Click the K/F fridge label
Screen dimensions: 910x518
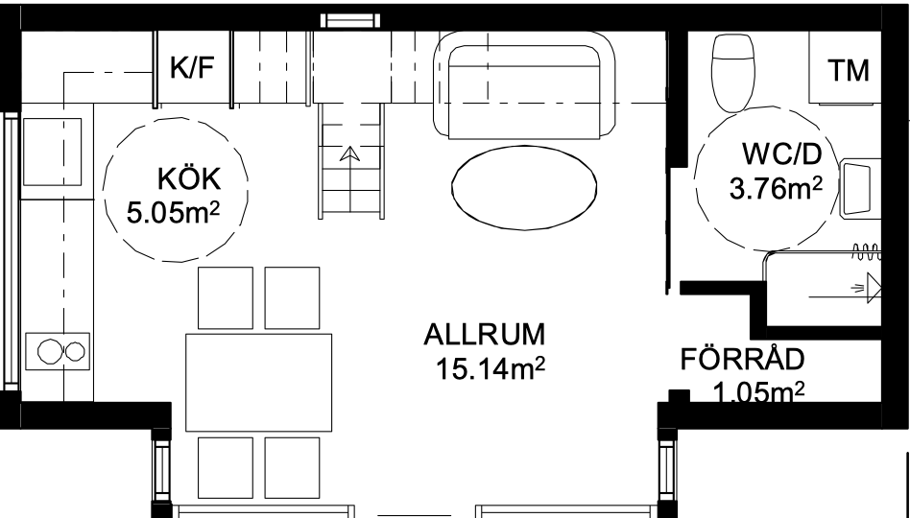coord(192,67)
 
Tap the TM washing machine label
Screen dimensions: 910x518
coord(849,71)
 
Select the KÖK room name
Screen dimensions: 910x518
coord(189,179)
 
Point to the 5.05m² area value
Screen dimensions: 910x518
coord(173,213)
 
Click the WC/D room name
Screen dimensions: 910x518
coord(782,154)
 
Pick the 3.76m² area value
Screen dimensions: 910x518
coord(776,188)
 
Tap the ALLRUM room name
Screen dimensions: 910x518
coord(485,335)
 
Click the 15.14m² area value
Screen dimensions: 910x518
coord(491,369)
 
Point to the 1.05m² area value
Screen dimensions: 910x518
coord(758,392)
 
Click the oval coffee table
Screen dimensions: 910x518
coord(524,187)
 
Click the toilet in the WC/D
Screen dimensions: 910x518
coord(733,73)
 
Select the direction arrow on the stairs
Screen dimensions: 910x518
coord(349,153)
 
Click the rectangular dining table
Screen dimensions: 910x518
coord(259,382)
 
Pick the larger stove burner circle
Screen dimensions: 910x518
coord(49,351)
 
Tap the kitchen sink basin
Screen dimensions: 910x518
coord(52,152)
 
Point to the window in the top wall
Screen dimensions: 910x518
coord(350,21)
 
